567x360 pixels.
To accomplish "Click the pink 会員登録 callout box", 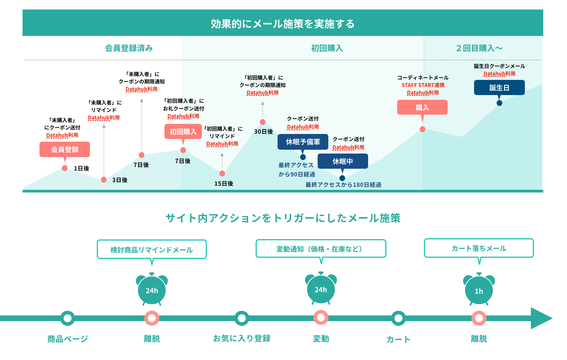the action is (65, 149).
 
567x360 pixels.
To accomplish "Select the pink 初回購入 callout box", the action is (183, 132).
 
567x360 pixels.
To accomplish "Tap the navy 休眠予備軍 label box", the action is (303, 142).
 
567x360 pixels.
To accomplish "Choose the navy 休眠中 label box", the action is (343, 161).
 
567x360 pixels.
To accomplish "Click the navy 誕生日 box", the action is (499, 88).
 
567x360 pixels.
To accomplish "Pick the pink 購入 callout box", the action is (422, 107).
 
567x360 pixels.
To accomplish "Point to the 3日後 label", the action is (120, 180).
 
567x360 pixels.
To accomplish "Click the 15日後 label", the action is (224, 184).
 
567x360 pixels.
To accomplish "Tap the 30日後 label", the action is (263, 132).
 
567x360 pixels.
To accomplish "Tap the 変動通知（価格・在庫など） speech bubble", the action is (321, 249).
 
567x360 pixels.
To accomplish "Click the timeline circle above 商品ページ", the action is (68, 318).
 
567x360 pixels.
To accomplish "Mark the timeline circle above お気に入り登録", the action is (242, 318).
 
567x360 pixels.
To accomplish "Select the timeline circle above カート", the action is (398, 318).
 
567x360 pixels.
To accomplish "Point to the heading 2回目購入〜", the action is (479, 48).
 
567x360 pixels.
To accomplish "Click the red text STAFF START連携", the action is (423, 85).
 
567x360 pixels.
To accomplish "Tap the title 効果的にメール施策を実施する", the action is (283, 24).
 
